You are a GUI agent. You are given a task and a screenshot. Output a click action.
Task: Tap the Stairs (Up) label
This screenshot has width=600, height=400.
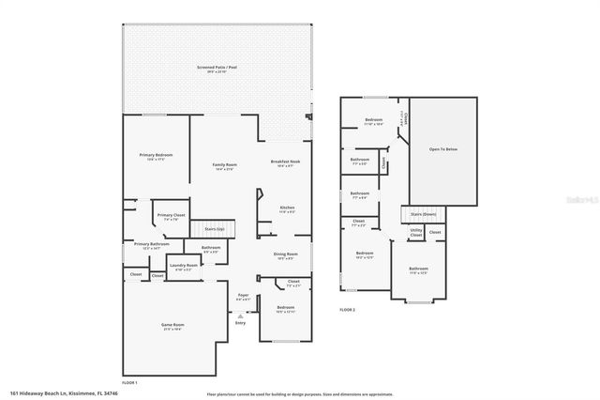(x=214, y=228)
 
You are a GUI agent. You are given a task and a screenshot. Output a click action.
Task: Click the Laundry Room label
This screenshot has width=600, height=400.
(x=183, y=266)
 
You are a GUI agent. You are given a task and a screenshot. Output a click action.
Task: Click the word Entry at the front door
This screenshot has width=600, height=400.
(x=241, y=322)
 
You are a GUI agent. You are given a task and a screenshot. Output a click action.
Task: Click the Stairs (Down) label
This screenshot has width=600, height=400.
(x=424, y=214)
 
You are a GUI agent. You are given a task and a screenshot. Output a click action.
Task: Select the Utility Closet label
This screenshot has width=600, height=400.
(x=415, y=231)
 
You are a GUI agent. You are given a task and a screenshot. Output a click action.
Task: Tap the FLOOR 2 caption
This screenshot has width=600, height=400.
(x=349, y=309)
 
